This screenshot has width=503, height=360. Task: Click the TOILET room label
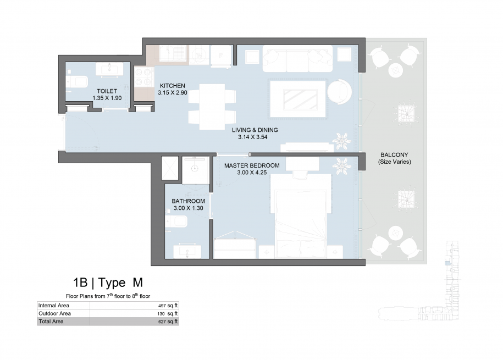click(107, 91)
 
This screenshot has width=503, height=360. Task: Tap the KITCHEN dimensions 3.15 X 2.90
click(173, 93)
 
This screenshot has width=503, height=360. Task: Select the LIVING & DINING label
click(255, 130)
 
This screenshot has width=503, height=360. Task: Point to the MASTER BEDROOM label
click(252, 165)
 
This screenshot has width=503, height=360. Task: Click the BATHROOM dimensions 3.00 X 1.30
click(189, 208)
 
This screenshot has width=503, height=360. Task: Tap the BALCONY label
click(394, 154)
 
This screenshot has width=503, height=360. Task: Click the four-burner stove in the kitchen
click(143, 77)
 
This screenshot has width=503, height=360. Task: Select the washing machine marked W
click(199, 55)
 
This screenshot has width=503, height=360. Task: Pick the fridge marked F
click(220, 56)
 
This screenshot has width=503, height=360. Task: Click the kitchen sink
click(173, 53)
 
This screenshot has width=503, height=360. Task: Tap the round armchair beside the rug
click(339, 91)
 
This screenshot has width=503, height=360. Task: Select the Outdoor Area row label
click(54, 313)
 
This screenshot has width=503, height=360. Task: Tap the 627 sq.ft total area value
click(168, 322)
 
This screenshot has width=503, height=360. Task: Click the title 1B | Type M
click(108, 283)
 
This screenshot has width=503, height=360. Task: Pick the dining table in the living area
click(212, 107)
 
